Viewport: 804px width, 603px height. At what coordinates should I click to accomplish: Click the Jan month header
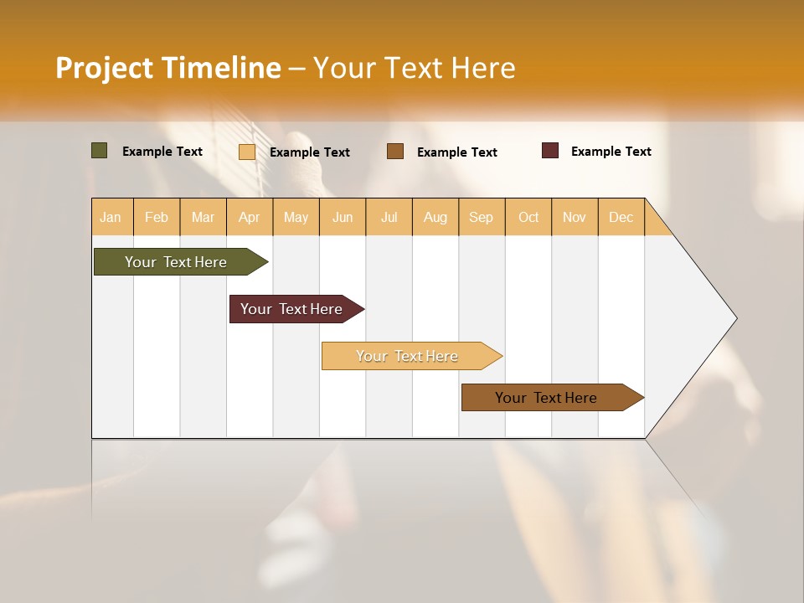coord(111,217)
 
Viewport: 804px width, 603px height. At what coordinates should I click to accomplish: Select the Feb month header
coord(157,217)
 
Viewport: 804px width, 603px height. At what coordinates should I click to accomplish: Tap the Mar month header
coord(203,217)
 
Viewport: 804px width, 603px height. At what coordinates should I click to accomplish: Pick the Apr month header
coord(250,217)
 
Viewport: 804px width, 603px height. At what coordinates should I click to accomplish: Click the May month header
coord(296,217)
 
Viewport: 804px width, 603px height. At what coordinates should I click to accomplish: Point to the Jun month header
coord(343,217)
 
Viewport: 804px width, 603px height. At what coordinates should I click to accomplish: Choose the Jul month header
coord(389,217)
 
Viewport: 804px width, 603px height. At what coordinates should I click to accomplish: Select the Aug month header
coord(435,217)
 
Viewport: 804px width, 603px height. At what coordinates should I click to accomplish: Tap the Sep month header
coord(482,217)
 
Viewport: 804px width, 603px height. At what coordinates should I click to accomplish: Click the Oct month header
coord(528,217)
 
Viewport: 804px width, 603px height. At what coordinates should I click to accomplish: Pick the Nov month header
coord(575,217)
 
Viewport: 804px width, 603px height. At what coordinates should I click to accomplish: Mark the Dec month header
coord(621,217)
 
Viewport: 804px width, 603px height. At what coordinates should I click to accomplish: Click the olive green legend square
coord(100,151)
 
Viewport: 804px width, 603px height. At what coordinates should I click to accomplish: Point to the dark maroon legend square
coord(550,151)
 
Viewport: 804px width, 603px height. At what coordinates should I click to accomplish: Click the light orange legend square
coord(247,152)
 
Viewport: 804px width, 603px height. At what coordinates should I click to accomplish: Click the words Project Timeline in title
coord(167,68)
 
